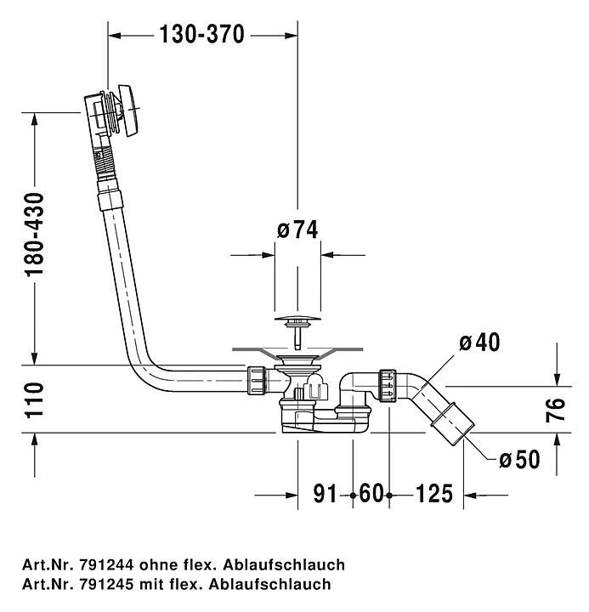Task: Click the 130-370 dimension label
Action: click(x=201, y=34)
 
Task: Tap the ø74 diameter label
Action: click(x=297, y=229)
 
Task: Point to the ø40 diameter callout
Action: click(x=479, y=342)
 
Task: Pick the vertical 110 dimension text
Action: click(x=34, y=399)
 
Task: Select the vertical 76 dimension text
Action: click(x=556, y=410)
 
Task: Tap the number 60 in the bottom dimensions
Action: click(x=371, y=494)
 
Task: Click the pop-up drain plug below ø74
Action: click(x=297, y=323)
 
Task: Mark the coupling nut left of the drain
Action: click(x=257, y=379)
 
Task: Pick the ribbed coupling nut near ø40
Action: click(x=388, y=383)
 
